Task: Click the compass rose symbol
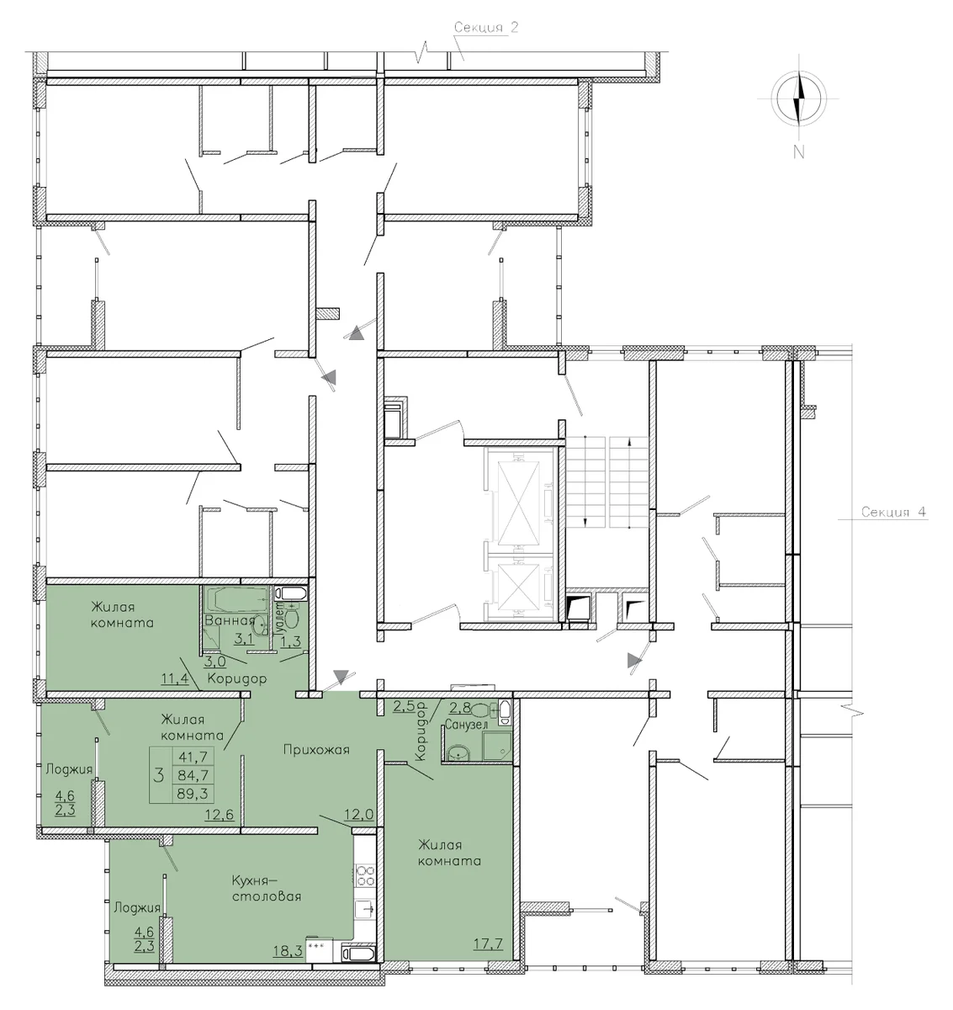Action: (x=799, y=98)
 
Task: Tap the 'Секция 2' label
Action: (x=485, y=27)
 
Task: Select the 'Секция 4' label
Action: (x=893, y=512)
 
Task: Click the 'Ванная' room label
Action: (x=230, y=620)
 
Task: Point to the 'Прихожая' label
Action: (x=316, y=750)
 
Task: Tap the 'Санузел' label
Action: (x=466, y=726)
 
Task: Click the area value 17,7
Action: (x=488, y=944)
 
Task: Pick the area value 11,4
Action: (x=174, y=678)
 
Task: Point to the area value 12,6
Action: (x=219, y=815)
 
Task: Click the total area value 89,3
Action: (x=193, y=794)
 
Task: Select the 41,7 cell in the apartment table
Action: (x=193, y=757)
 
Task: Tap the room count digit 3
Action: (x=159, y=775)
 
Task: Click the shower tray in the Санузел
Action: (x=496, y=746)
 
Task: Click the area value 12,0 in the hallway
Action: (x=360, y=815)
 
